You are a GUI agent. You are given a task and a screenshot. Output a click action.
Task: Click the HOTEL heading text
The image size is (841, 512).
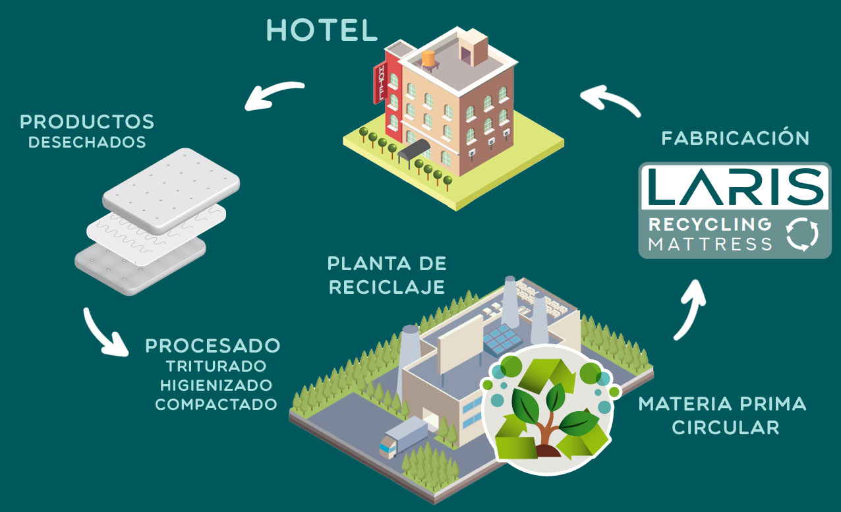[322, 30]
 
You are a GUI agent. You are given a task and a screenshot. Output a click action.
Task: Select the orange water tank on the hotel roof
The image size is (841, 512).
[429, 59]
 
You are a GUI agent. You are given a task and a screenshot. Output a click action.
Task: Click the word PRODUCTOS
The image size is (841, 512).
[87, 122]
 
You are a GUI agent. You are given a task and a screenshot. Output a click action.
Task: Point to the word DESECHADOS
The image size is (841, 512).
[87, 142]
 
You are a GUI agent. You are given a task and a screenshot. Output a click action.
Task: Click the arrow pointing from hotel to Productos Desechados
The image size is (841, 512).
[274, 94]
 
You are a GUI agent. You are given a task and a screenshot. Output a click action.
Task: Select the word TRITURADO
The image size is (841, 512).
[216, 365]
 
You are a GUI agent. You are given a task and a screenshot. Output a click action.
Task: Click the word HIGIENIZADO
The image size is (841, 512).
[216, 384]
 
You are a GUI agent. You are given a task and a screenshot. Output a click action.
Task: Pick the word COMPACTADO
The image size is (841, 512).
[216, 403]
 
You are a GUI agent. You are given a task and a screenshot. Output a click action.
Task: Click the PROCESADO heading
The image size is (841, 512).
[213, 345]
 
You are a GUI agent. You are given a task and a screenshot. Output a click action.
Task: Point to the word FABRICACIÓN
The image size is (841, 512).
[735, 138]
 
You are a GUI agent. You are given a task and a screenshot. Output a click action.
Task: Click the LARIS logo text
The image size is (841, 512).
[734, 186]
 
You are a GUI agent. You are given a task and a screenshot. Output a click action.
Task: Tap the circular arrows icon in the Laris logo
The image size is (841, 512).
[802, 234]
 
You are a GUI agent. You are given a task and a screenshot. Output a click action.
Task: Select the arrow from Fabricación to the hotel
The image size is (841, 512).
[610, 101]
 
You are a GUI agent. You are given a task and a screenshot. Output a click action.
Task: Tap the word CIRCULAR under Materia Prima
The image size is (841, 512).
[725, 426]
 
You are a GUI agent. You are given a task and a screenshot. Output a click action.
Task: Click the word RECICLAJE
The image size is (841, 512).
[386, 287]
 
